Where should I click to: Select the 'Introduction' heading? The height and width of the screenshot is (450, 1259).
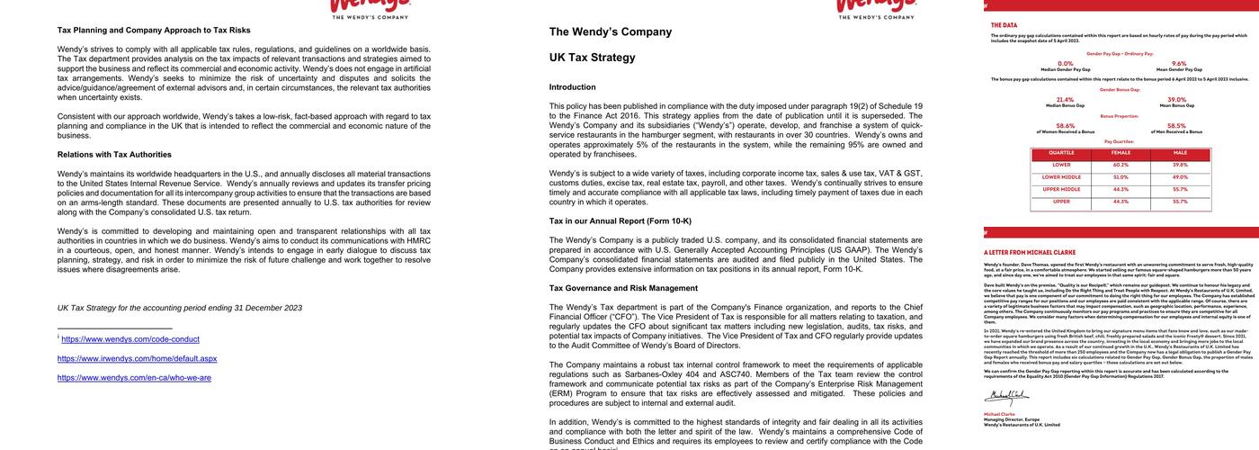tap(572, 87)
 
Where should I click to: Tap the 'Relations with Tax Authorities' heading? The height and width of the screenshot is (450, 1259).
tap(114, 155)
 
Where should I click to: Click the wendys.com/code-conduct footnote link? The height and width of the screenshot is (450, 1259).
tap(130, 339)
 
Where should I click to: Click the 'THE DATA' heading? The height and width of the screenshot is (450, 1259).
tap(1005, 25)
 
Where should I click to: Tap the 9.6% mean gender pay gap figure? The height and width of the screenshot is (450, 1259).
tap(1179, 64)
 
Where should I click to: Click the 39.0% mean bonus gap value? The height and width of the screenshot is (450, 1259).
tap(1176, 100)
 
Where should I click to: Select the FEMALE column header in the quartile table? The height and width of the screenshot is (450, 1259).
tap(1121, 153)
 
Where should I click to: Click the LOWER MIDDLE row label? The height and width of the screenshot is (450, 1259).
tap(1061, 177)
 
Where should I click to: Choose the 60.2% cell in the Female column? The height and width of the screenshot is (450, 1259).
tap(1121, 165)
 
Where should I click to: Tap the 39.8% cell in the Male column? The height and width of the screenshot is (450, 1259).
tap(1180, 165)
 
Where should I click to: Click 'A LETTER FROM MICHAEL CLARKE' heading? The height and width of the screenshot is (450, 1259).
tap(1031, 252)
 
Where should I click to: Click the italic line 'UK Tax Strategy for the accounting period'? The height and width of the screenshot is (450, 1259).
tap(180, 308)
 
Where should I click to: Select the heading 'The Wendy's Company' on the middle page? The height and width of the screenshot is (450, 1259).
tap(610, 32)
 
